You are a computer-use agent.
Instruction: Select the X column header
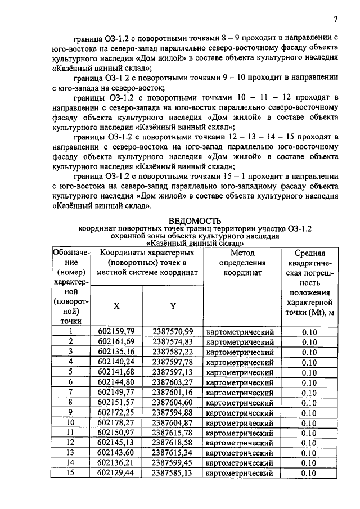tap(116, 306)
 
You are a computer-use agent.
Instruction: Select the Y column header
tap(173, 306)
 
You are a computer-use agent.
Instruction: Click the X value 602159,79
tap(116, 331)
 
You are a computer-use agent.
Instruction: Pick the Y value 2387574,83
tap(173, 341)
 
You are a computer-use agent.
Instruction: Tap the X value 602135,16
tap(116, 352)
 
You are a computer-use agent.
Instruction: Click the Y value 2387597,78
tap(173, 362)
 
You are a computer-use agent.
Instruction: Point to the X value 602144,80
tap(116, 382)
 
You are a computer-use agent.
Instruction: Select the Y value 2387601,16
tap(173, 392)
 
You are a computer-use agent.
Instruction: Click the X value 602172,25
tap(116, 412)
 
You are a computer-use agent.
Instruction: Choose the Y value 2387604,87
tap(173, 422)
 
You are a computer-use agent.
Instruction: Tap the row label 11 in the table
tap(71, 433)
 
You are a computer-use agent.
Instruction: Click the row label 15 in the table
tap(71, 473)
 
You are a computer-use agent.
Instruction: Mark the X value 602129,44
tap(116, 473)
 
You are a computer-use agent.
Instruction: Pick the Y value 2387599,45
tap(173, 463)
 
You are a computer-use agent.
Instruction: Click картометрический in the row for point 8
tap(240, 403)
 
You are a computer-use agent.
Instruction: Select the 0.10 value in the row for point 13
tap(309, 453)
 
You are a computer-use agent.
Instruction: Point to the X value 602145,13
tap(116, 443)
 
